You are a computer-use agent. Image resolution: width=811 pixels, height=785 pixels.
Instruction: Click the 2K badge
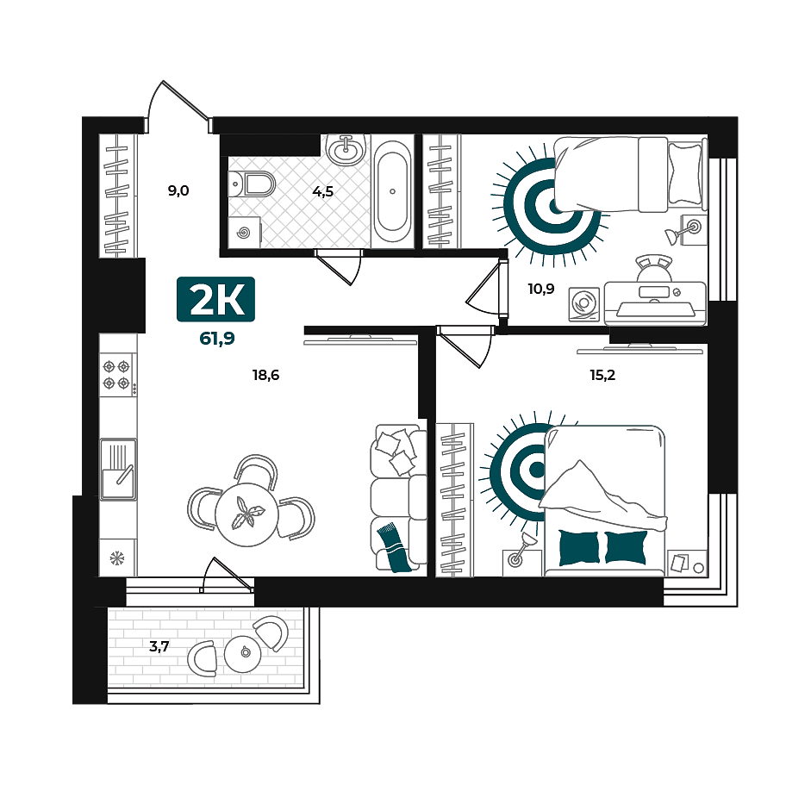coord(215,299)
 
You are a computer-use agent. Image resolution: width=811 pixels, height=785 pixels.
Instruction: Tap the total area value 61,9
coord(217,339)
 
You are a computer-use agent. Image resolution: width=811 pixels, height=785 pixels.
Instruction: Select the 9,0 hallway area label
coord(178,190)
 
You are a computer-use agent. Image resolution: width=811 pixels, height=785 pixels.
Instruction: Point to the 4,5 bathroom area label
coord(322,192)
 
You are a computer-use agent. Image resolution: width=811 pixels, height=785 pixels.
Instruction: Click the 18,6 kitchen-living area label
coord(265,375)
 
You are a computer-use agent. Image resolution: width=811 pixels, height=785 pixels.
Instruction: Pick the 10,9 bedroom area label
coord(541,289)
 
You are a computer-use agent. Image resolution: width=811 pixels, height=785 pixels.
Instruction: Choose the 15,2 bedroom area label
coord(602,375)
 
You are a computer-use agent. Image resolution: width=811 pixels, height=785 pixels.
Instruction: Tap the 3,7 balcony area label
coord(159,646)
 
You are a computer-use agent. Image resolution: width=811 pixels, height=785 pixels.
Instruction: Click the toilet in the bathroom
coord(252,184)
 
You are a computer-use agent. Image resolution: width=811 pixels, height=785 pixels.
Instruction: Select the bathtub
coord(392,190)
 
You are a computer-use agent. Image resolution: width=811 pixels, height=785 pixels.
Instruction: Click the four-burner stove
coord(118,375)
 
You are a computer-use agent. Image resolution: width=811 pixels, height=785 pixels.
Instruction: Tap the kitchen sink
coord(118,470)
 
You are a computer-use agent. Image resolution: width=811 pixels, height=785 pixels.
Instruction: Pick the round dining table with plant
coord(246,514)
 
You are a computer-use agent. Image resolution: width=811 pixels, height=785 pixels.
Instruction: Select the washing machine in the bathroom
coord(244,233)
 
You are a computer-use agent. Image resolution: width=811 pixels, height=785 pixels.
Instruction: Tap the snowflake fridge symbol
coord(117,558)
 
